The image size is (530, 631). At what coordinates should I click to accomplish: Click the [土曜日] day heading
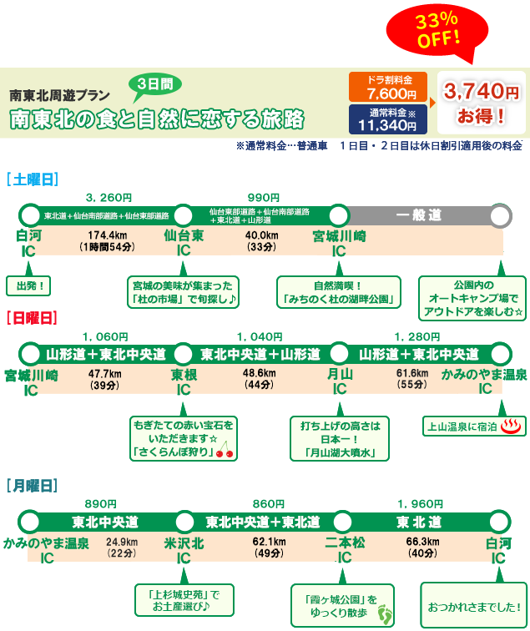tap(31, 178)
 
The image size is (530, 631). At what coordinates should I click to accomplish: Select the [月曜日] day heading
tap(31, 484)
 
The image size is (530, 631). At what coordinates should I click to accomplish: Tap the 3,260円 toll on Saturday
tap(109, 197)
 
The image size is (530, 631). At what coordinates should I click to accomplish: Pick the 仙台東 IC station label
tap(184, 243)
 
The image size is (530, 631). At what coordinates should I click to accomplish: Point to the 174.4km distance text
tap(108, 235)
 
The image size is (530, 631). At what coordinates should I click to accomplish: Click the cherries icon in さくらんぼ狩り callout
tap(225, 453)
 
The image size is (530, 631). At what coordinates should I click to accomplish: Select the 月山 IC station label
tap(340, 381)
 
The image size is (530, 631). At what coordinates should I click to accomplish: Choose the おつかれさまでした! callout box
tap(473, 603)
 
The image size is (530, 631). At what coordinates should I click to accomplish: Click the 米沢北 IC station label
tap(184, 550)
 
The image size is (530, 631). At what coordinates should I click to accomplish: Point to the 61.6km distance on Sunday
tap(412, 373)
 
